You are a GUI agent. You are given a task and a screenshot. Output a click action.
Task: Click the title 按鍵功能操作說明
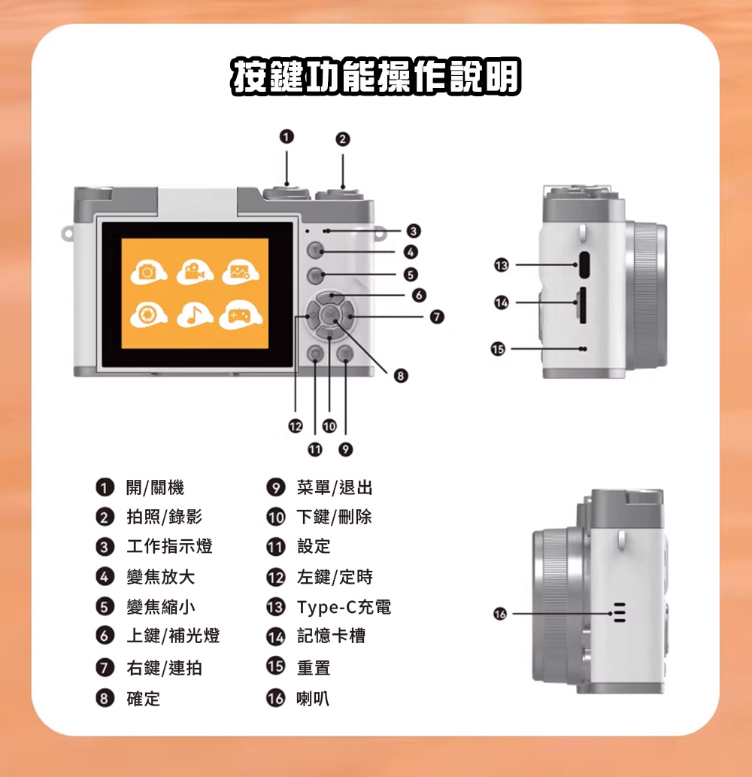click(x=376, y=76)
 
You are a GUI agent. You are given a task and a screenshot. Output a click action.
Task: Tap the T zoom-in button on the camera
click(x=316, y=250)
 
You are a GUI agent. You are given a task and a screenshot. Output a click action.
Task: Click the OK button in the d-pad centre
click(x=330, y=315)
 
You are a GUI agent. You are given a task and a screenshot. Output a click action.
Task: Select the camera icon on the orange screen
click(x=148, y=272)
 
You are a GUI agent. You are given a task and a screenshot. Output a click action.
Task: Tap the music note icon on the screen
click(x=195, y=315)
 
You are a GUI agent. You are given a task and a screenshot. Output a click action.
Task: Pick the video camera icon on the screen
click(x=196, y=272)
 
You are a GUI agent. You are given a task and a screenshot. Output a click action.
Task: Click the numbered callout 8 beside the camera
click(x=401, y=375)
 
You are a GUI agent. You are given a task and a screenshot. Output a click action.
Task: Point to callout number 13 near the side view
click(x=502, y=265)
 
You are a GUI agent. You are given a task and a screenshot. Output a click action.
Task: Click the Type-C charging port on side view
click(x=584, y=265)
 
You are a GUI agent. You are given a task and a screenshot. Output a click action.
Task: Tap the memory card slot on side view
click(x=583, y=305)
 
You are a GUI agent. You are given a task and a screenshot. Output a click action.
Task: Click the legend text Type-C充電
click(x=344, y=607)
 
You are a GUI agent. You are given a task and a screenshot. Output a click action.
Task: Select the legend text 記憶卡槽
click(x=331, y=636)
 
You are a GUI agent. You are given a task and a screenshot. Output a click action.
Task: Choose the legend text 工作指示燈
click(x=169, y=546)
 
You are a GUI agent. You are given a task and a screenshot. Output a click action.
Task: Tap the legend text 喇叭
click(x=313, y=699)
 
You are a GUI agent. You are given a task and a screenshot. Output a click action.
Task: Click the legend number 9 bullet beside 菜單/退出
click(x=275, y=487)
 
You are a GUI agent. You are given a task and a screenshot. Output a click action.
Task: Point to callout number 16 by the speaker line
click(x=500, y=614)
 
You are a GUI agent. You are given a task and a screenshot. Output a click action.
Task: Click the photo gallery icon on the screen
click(x=240, y=272)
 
